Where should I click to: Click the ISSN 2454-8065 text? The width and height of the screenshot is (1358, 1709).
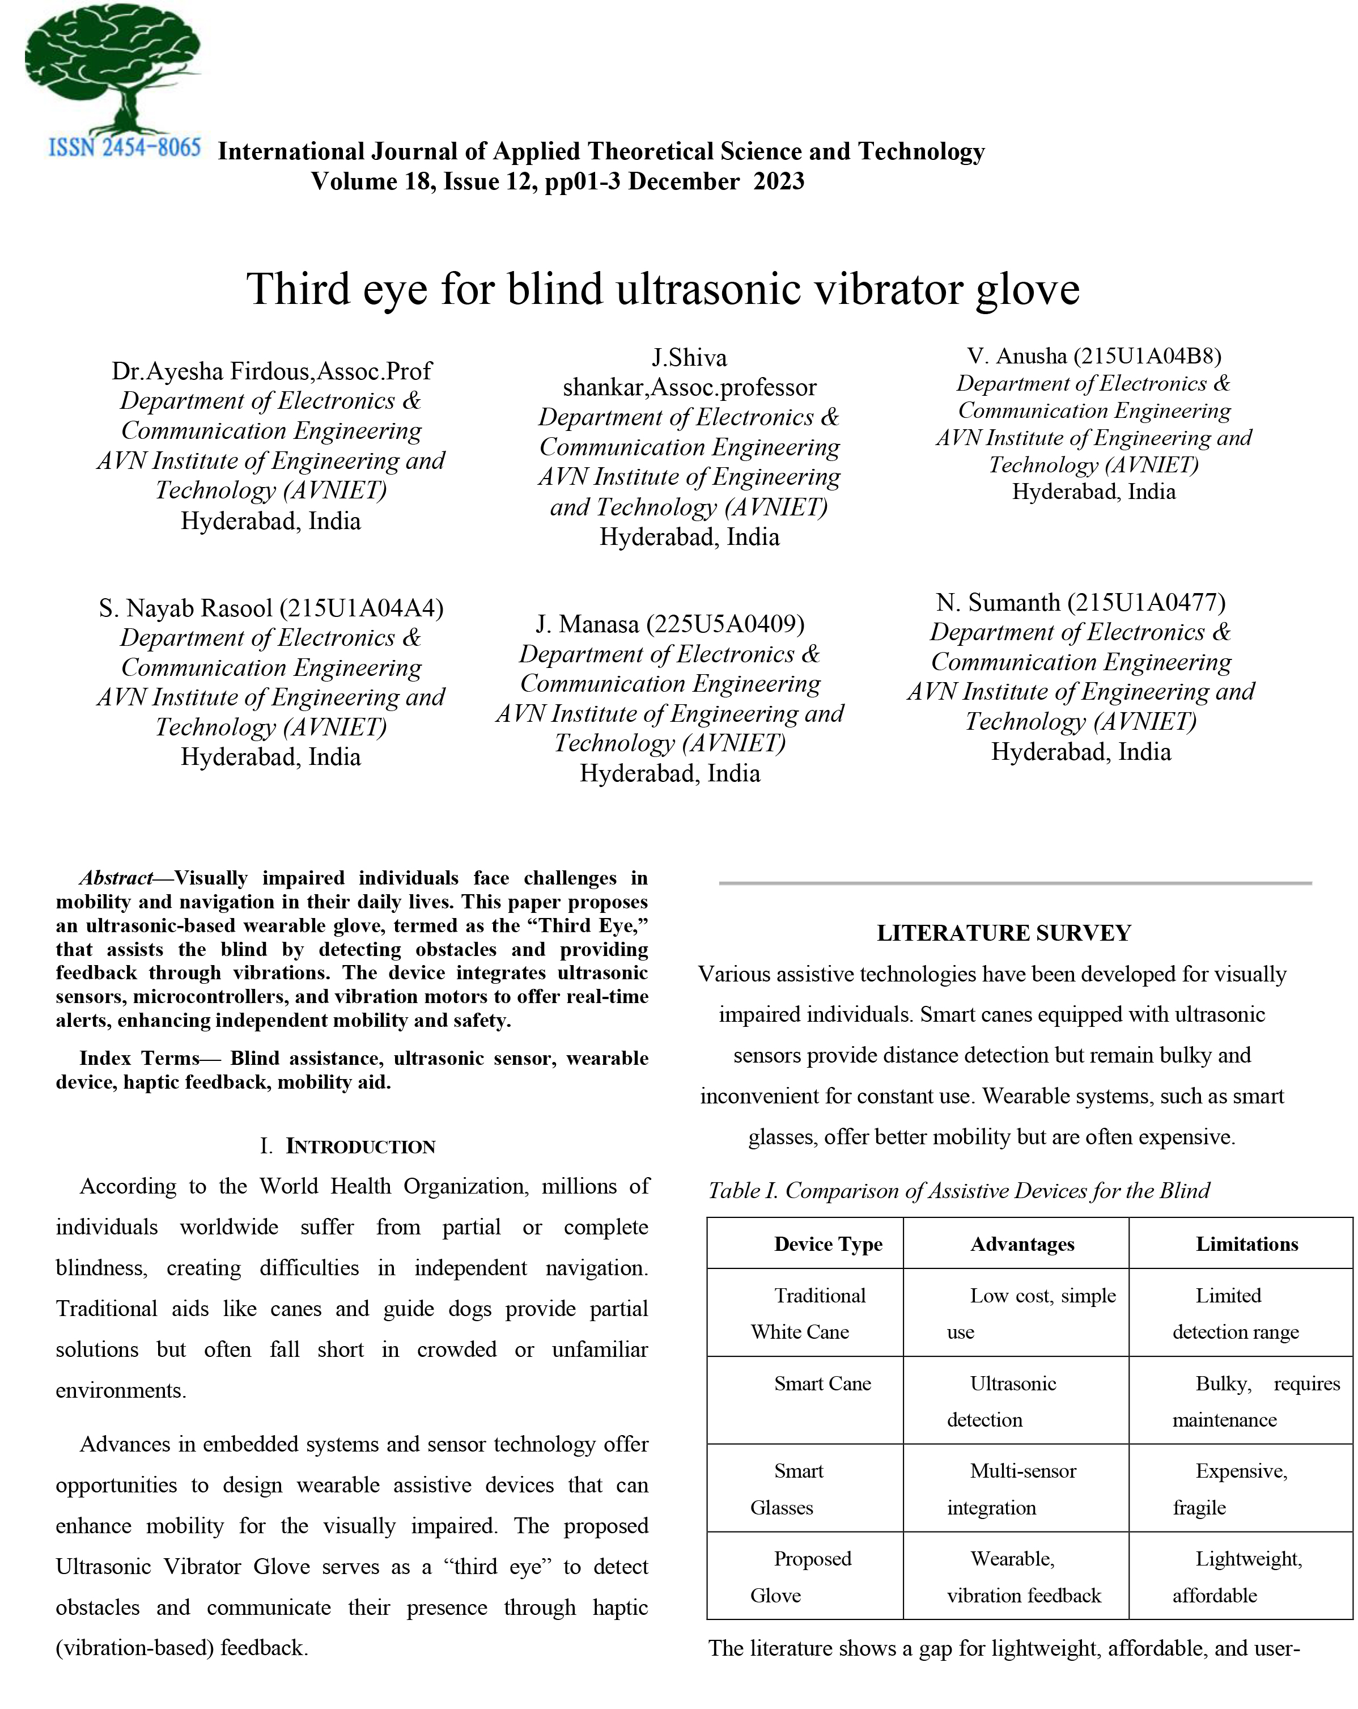click(x=124, y=147)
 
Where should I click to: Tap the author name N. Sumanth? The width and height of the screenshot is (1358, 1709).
click(x=998, y=602)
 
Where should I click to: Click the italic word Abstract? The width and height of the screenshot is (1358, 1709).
click(x=116, y=878)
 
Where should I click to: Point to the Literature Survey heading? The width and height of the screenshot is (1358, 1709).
click(x=1003, y=933)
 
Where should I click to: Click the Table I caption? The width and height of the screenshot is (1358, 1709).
click(x=958, y=1191)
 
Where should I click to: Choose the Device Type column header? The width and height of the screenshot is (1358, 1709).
click(x=828, y=1243)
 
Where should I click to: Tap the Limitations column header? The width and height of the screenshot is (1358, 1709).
click(x=1246, y=1243)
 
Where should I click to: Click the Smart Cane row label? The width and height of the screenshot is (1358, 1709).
click(x=822, y=1383)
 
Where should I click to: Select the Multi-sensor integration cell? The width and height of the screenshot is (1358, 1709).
click(x=1012, y=1488)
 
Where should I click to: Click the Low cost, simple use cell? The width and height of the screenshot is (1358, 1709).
click(x=1030, y=1313)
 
